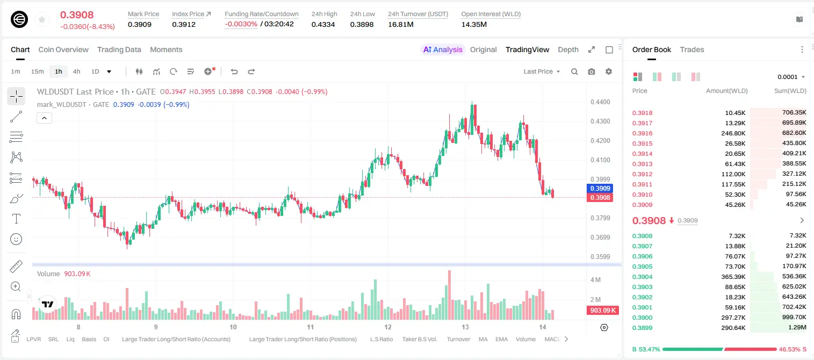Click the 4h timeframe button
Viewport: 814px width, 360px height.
coord(76,71)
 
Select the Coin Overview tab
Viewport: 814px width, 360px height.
coord(63,50)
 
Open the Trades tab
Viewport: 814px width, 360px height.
coord(692,50)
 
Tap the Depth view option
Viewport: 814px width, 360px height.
coord(568,50)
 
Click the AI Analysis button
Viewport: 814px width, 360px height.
coord(443,50)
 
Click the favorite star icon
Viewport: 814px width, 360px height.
coord(42,20)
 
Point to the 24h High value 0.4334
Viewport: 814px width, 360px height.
coord(323,24)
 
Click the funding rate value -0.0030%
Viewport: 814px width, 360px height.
coord(241,24)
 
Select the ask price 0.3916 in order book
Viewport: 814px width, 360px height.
coord(642,133)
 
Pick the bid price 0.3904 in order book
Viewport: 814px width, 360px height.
coord(642,277)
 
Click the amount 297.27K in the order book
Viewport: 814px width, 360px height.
coord(733,318)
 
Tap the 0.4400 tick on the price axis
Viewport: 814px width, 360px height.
coord(600,102)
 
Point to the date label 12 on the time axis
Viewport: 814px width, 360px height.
coord(388,327)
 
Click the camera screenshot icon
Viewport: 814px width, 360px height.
coord(592,71)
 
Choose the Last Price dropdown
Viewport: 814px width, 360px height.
coord(542,71)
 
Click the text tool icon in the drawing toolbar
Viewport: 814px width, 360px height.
coord(16,219)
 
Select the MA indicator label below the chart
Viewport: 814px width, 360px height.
coord(483,339)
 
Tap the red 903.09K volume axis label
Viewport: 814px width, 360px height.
coord(602,310)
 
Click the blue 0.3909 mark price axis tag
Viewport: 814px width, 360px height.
coord(600,189)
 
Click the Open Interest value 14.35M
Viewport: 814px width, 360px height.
coord(474,24)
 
